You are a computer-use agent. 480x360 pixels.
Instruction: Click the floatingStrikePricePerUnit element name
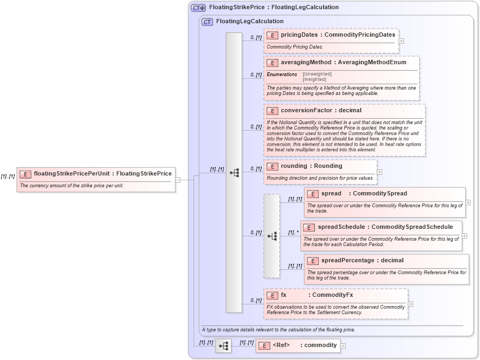point(72,174)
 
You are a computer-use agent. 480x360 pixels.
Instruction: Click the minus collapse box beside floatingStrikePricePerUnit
point(178,180)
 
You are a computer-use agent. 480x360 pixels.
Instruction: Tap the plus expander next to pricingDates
point(401,40)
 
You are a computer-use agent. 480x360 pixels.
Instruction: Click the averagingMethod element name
point(305,63)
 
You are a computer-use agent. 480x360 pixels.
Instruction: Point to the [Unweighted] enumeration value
point(317,74)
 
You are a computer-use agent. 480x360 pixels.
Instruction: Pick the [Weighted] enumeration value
point(314,79)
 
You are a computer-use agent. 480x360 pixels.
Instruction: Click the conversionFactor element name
point(306,110)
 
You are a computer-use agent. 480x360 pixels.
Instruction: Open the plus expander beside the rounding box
point(379,172)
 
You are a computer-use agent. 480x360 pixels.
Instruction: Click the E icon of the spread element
point(313,194)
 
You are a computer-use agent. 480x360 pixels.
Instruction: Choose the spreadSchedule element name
point(341,227)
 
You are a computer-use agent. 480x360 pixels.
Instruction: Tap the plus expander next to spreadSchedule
point(464,236)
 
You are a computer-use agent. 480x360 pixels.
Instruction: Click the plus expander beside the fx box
point(410,303)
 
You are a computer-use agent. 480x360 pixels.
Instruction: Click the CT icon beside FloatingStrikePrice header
point(198,8)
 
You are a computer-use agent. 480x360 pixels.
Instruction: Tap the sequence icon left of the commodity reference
point(223,345)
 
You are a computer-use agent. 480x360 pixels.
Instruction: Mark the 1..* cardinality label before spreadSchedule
point(293,233)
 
